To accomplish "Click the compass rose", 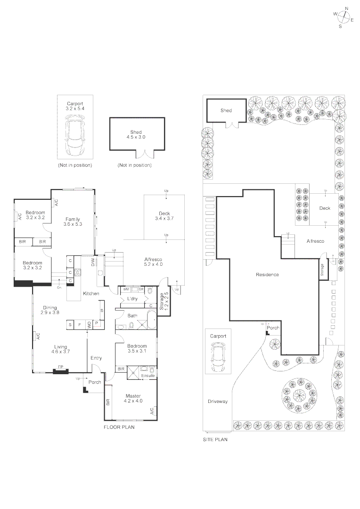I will tap(343, 17).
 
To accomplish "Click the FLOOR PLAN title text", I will tap(119, 427).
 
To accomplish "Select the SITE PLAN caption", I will tap(215, 440).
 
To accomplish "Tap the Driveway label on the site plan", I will tap(217, 402).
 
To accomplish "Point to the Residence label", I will tap(267, 275).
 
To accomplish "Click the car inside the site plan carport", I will tap(218, 357).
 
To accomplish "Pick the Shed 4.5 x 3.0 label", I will tap(136, 135).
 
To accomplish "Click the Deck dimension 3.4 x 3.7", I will tap(164, 219).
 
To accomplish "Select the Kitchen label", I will tap(91, 294).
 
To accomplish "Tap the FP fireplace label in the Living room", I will tap(60, 367).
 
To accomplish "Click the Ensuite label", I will tap(148, 375).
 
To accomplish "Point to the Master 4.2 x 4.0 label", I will tap(133, 398).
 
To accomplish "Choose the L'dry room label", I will tap(132, 299).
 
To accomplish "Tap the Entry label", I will tap(96, 358).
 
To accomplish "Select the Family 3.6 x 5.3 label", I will tap(73, 222).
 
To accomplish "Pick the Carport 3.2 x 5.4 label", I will tap(75, 106).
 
